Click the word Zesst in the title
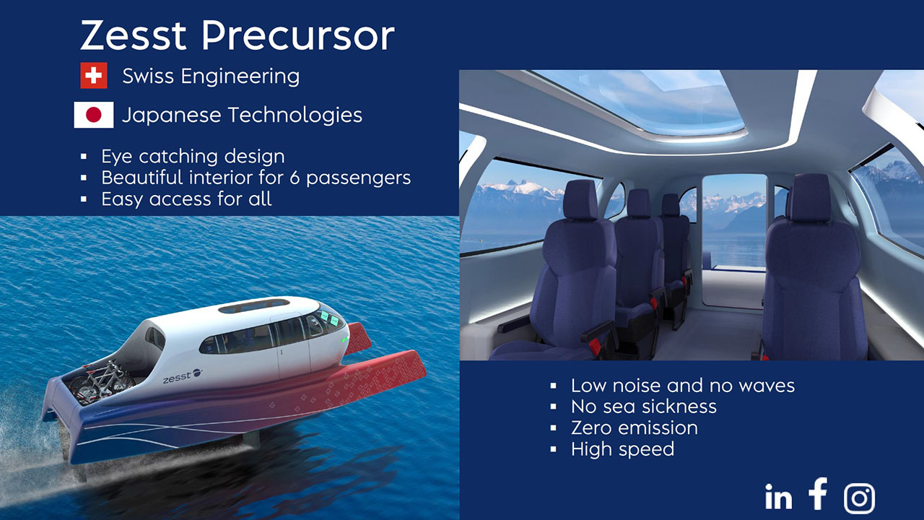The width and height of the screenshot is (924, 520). click(x=134, y=35)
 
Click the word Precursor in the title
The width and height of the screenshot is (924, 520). click(x=298, y=35)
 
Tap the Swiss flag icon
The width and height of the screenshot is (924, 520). click(x=94, y=76)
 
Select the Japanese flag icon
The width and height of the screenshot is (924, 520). click(x=94, y=115)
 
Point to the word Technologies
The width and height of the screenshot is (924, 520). click(x=295, y=115)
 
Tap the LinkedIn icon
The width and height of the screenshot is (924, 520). click(x=778, y=496)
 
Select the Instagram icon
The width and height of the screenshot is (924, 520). click(x=859, y=498)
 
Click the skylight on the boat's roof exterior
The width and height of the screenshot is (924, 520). click(x=253, y=305)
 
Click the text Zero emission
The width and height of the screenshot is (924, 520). click(x=635, y=428)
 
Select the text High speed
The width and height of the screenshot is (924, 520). click(x=622, y=449)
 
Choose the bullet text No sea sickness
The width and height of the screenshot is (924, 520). click(x=644, y=407)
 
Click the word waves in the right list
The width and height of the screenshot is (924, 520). click(x=767, y=386)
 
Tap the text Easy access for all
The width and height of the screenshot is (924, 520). click(x=186, y=199)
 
